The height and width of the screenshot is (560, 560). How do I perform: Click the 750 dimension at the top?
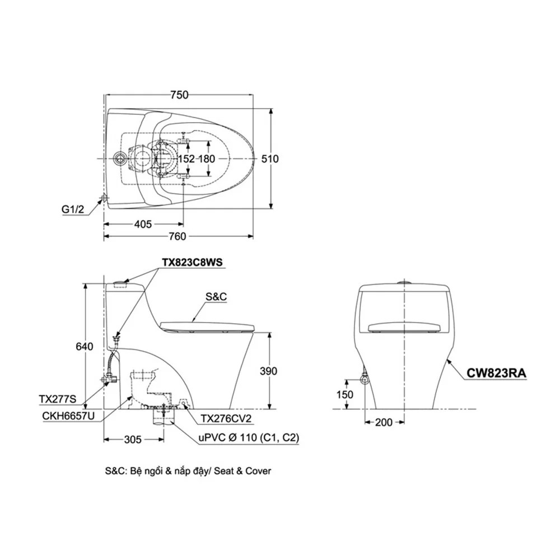(x=179, y=95)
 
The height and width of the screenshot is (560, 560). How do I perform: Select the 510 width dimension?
(x=270, y=158)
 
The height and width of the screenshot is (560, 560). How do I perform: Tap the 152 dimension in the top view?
(x=186, y=158)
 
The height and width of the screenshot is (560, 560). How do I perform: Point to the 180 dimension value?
(x=207, y=158)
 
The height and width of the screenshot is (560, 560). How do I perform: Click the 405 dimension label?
(x=143, y=225)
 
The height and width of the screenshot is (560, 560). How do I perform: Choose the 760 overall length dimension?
(x=177, y=236)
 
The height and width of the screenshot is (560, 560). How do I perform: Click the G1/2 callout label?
(x=73, y=209)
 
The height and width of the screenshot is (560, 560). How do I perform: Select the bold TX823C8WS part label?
(x=192, y=263)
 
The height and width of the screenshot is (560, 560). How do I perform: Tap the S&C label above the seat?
(x=216, y=296)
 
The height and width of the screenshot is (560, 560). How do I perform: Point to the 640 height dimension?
(x=85, y=346)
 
